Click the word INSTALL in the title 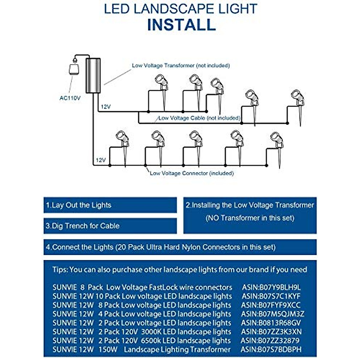[181, 25]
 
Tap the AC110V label [70, 98]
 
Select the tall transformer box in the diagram [93, 75]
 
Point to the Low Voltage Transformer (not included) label [181, 65]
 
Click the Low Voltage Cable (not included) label [199, 118]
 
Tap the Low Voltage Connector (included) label [192, 173]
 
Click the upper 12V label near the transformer [106, 107]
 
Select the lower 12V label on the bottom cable [101, 160]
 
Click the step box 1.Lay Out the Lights [110, 205]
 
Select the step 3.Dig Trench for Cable [110, 226]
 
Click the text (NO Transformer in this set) [250, 218]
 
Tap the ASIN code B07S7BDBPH [271, 349]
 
